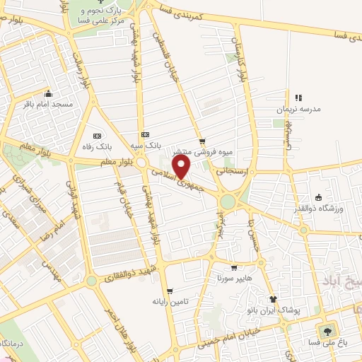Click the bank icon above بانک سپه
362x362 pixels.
[145, 134]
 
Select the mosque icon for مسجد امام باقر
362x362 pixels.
[47, 94]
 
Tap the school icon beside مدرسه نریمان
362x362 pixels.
[298, 98]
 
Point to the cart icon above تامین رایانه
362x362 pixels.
[169, 291]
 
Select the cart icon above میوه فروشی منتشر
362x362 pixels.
[202, 141]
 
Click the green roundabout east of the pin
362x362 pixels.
[228, 202]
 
